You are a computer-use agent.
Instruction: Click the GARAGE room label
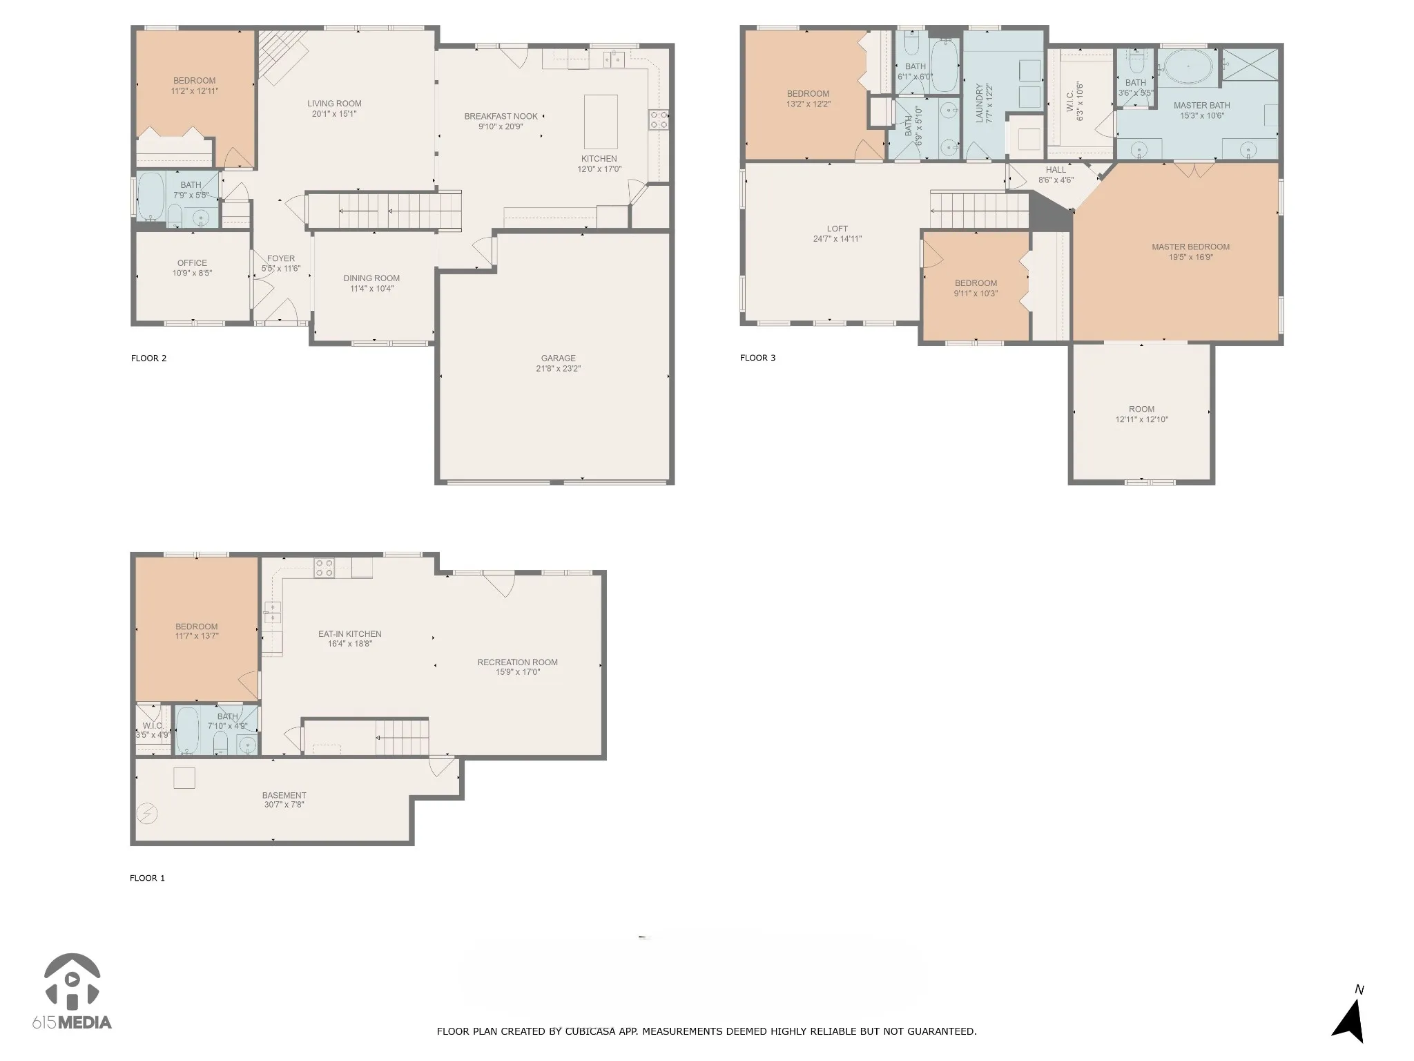(x=558, y=358)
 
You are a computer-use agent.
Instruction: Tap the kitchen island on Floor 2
(x=601, y=122)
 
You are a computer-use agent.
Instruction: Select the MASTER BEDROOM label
(x=1190, y=247)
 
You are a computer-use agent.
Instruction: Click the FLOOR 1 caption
(x=147, y=878)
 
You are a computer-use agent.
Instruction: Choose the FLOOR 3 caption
(x=757, y=358)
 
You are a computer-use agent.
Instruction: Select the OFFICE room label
(x=192, y=262)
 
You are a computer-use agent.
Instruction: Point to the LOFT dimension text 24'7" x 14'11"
(x=837, y=239)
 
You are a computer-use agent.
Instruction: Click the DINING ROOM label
(x=371, y=278)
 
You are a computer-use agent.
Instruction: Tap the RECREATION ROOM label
(x=517, y=662)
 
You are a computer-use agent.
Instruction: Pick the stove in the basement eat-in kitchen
(x=325, y=568)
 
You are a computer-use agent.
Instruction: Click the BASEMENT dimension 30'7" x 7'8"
(x=284, y=805)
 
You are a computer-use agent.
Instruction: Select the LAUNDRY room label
(x=979, y=104)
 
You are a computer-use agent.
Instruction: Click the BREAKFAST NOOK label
(x=501, y=116)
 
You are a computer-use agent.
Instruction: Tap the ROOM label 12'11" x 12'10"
(x=1141, y=409)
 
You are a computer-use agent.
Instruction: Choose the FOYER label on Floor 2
(x=281, y=258)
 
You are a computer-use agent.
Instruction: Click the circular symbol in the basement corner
(x=146, y=814)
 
